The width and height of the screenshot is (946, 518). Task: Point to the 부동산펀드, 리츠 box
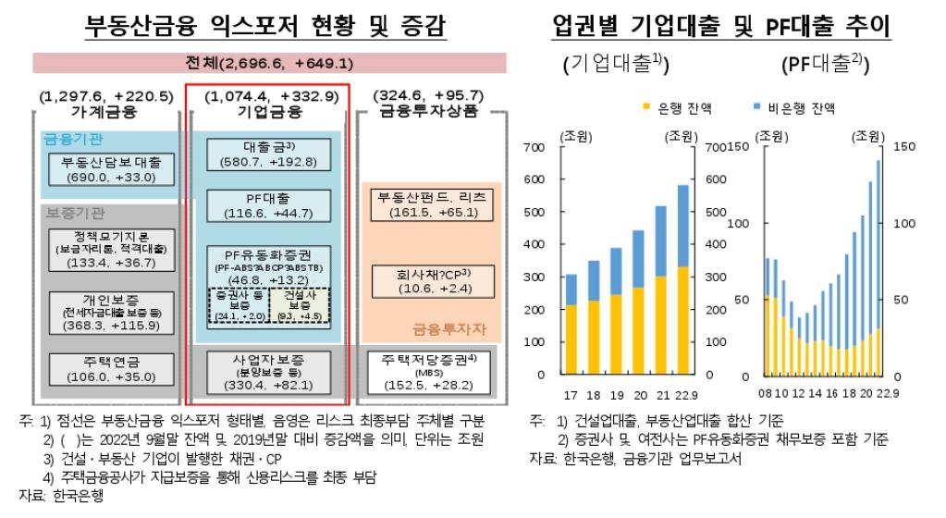tap(431, 205)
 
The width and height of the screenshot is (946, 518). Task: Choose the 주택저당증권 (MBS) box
tap(431, 369)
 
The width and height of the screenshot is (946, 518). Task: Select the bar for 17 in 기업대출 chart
tap(571, 324)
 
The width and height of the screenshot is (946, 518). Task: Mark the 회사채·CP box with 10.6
tap(431, 279)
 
